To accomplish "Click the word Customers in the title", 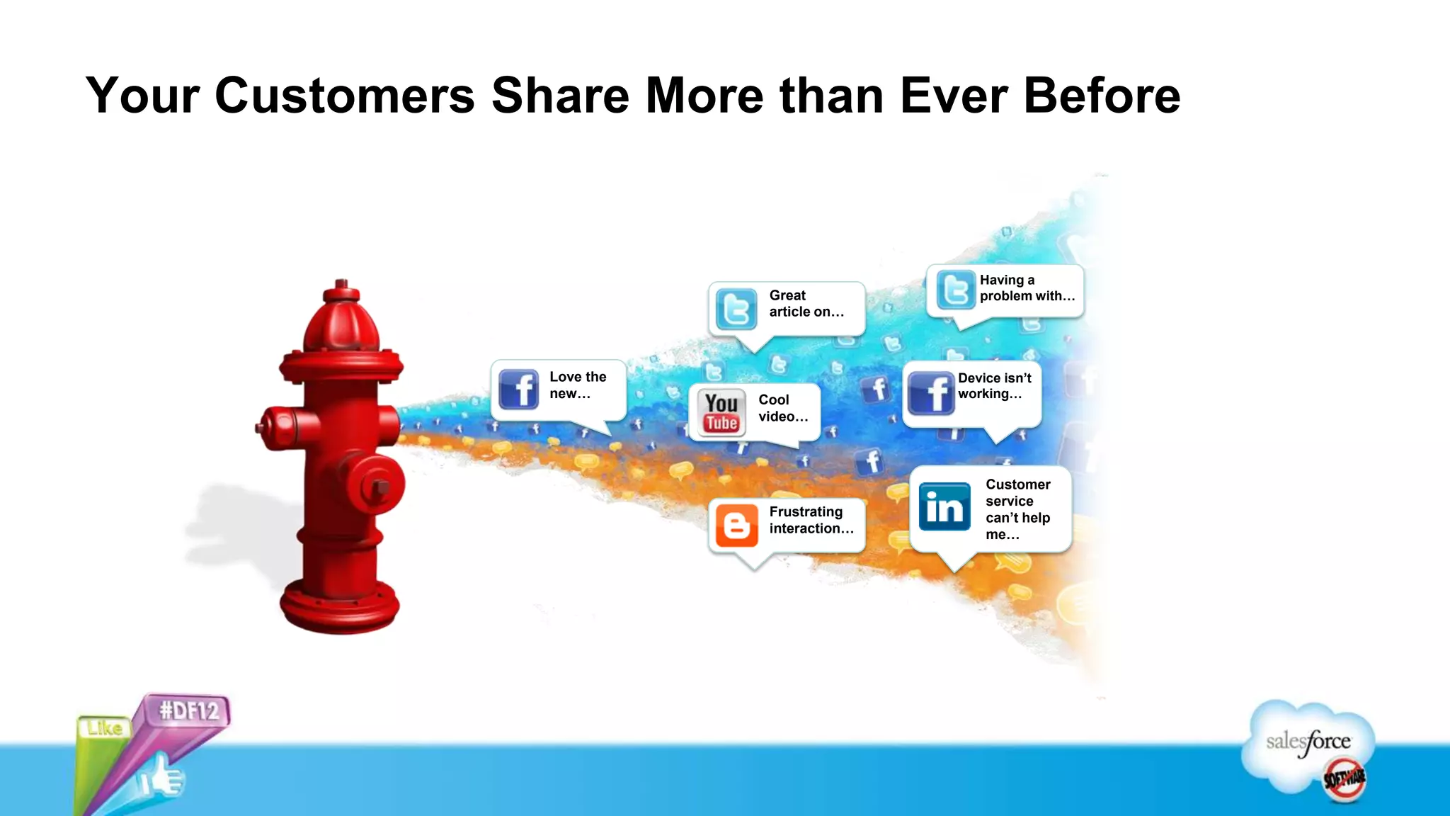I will (344, 96).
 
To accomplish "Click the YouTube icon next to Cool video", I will (721, 412).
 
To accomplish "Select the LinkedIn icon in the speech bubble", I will (944, 506).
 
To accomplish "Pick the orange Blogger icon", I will (736, 525).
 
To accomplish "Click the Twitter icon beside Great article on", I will (736, 309).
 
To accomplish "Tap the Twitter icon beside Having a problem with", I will (955, 290).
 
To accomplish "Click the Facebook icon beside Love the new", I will (518, 389).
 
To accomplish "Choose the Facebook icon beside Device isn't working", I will (930, 392).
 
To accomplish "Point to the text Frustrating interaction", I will (811, 521).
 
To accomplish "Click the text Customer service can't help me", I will (1017, 509).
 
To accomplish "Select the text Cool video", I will (782, 409).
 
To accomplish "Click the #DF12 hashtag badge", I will (188, 710).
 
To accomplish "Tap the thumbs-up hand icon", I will (162, 778).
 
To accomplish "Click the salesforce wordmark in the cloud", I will (1308, 742).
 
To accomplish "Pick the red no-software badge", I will (1344, 779).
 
